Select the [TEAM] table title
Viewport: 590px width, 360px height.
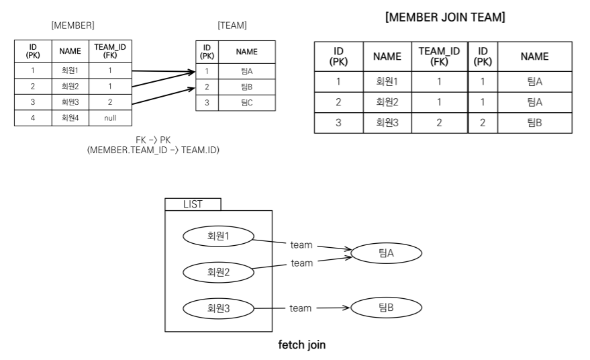click(x=232, y=26)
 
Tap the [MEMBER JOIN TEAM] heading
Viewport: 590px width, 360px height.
click(x=445, y=17)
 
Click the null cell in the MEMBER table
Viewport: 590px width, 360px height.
click(x=110, y=118)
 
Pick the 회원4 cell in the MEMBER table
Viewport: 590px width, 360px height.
click(x=70, y=118)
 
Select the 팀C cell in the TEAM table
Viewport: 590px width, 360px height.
click(x=247, y=103)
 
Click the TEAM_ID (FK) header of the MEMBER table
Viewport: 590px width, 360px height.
click(x=110, y=51)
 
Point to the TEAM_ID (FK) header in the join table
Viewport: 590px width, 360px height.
click(x=439, y=56)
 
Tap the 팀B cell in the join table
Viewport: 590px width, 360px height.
click(x=534, y=124)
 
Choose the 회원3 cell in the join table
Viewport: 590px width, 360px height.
click(x=387, y=124)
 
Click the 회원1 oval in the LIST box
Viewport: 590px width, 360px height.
click(x=218, y=236)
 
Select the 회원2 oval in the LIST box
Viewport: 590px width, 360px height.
click(x=218, y=272)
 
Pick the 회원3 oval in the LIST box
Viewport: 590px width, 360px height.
click(x=218, y=308)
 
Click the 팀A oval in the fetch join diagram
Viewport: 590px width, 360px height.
click(x=386, y=253)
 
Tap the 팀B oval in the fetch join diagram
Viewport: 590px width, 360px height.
click(x=386, y=308)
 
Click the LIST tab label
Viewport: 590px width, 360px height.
click(x=193, y=204)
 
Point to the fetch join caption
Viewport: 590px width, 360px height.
click(x=302, y=345)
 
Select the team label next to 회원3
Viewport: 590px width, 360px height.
click(x=301, y=308)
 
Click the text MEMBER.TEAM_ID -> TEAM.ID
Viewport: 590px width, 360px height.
click(x=153, y=149)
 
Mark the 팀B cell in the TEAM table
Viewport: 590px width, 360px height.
click(x=247, y=87)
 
